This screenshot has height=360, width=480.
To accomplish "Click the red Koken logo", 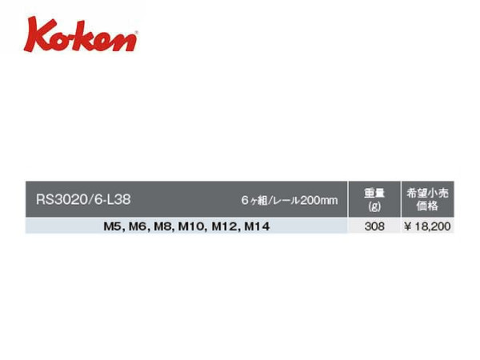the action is pyautogui.click(x=81, y=34).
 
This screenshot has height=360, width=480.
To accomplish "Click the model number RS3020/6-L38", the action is pyautogui.click(x=83, y=199).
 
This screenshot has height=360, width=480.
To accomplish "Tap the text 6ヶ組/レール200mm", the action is pyautogui.click(x=290, y=200).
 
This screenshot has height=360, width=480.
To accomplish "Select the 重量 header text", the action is pyautogui.click(x=374, y=193).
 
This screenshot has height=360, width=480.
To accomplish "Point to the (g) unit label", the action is pyautogui.click(x=374, y=206).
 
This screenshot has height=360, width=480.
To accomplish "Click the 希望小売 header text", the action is pyautogui.click(x=427, y=193).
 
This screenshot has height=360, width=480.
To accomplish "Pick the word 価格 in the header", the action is pyautogui.click(x=427, y=206).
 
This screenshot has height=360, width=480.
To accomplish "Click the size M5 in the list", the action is pyautogui.click(x=112, y=226).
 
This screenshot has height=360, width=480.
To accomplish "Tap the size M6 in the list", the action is pyautogui.click(x=137, y=226).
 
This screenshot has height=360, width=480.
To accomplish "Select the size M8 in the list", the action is pyautogui.click(x=162, y=226).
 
